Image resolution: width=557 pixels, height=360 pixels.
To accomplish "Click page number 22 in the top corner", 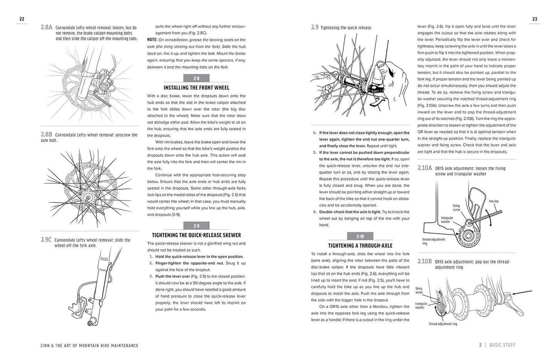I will [x=22, y=19].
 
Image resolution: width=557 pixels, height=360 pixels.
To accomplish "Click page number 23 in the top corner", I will [x=535, y=19].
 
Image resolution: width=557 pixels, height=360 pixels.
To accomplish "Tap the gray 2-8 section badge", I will [x=196, y=78].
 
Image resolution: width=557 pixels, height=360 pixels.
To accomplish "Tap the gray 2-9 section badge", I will [x=196, y=226].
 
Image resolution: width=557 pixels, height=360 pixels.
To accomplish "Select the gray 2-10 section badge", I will [x=360, y=236].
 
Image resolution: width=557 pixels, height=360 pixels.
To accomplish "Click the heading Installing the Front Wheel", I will [x=196, y=88].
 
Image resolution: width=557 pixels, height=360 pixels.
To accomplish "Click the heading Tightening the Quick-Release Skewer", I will [x=196, y=235].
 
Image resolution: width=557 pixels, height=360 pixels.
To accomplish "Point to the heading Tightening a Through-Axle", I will [x=360, y=246].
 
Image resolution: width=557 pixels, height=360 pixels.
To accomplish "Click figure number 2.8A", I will [x=46, y=28].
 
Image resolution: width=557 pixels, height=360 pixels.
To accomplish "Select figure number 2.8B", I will [x=46, y=135].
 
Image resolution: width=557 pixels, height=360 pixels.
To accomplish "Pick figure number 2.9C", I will [x=46, y=240].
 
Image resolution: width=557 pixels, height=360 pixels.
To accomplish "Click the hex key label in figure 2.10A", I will [x=494, y=201].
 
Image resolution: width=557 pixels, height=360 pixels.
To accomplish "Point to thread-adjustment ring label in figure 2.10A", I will [x=434, y=241].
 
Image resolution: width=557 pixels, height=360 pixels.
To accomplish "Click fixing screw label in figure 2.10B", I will [x=419, y=290].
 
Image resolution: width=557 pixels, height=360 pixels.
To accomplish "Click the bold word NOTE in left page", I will [x=152, y=40].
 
